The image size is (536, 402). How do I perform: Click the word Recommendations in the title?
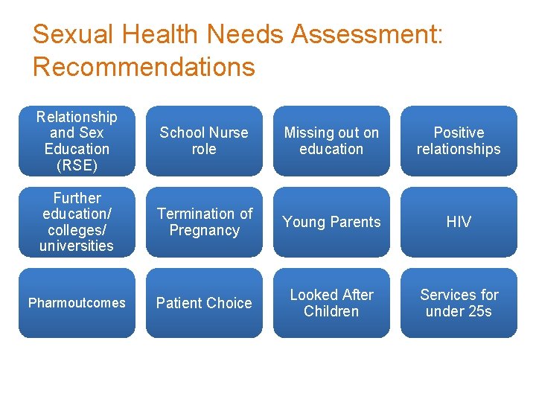click(144, 67)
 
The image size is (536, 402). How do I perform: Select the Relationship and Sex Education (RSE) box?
click(77, 141)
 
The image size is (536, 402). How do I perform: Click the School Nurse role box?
click(204, 141)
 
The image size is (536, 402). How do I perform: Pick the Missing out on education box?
click(331, 141)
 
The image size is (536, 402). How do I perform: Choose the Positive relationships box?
click(459, 141)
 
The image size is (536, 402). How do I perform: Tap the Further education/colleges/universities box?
click(77, 222)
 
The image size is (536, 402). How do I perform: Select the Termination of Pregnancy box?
click(204, 222)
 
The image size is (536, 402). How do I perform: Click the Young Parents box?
click(331, 222)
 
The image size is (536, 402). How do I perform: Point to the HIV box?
click(459, 222)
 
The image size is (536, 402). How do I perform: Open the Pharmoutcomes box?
click(77, 303)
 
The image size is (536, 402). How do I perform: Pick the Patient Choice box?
click(204, 303)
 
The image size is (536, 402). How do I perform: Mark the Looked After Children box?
click(331, 303)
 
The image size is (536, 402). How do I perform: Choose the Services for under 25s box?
click(459, 303)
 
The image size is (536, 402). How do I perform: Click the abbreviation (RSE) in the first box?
click(77, 165)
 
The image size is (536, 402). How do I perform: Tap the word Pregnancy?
click(204, 231)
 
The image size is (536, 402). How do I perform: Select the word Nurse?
click(228, 133)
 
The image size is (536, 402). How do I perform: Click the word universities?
click(77, 246)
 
